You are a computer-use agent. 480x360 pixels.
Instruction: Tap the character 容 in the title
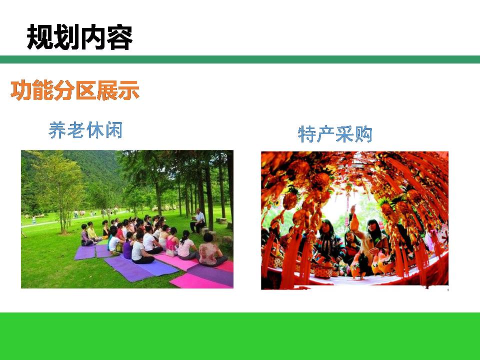coord(119,37)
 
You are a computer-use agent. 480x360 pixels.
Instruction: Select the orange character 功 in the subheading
coord(21,90)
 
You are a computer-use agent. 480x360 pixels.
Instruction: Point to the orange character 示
coord(129,90)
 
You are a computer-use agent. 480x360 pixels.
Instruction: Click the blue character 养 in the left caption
coord(57,130)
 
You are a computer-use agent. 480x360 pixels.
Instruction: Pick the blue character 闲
coord(114,130)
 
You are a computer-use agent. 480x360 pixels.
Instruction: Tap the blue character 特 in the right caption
coord(307,134)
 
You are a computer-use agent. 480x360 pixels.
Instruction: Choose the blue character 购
coord(363,134)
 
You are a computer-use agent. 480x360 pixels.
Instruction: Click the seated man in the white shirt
coord(198,221)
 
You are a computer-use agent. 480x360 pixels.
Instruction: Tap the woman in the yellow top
coord(92,231)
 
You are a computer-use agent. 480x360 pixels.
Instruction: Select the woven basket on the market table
coord(322,270)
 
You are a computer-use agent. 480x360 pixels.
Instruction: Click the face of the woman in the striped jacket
coord(325,227)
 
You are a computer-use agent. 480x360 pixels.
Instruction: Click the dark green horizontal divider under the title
coord(240,59)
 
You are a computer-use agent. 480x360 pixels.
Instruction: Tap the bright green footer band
coord(240,336)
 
